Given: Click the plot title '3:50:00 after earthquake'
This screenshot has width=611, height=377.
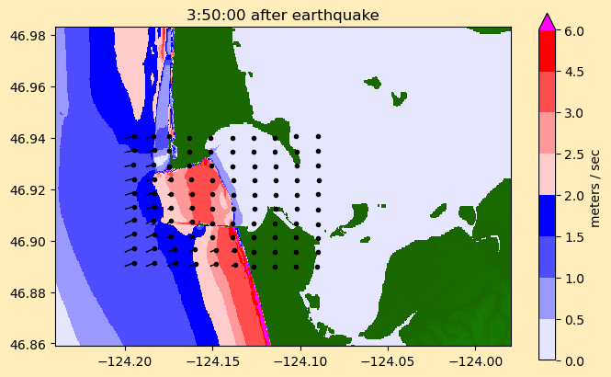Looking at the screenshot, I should pyautogui.click(x=282, y=15).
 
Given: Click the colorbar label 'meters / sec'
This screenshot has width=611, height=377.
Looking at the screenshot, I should pyautogui.click(x=594, y=187).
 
